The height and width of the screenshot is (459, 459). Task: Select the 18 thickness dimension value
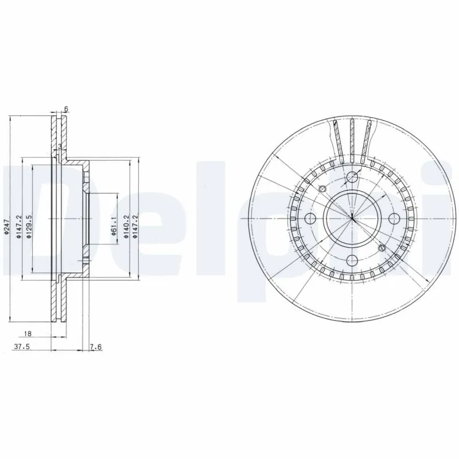(28, 333)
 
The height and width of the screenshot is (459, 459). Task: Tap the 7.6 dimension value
(96, 347)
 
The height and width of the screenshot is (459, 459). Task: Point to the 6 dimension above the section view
(67, 109)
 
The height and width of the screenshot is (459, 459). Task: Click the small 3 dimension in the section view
(60, 146)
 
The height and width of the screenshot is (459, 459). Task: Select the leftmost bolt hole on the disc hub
(310, 218)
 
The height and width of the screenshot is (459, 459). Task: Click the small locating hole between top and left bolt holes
(322, 189)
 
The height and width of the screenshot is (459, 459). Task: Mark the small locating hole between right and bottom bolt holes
(382, 248)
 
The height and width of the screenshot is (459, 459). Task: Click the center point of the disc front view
(352, 218)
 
